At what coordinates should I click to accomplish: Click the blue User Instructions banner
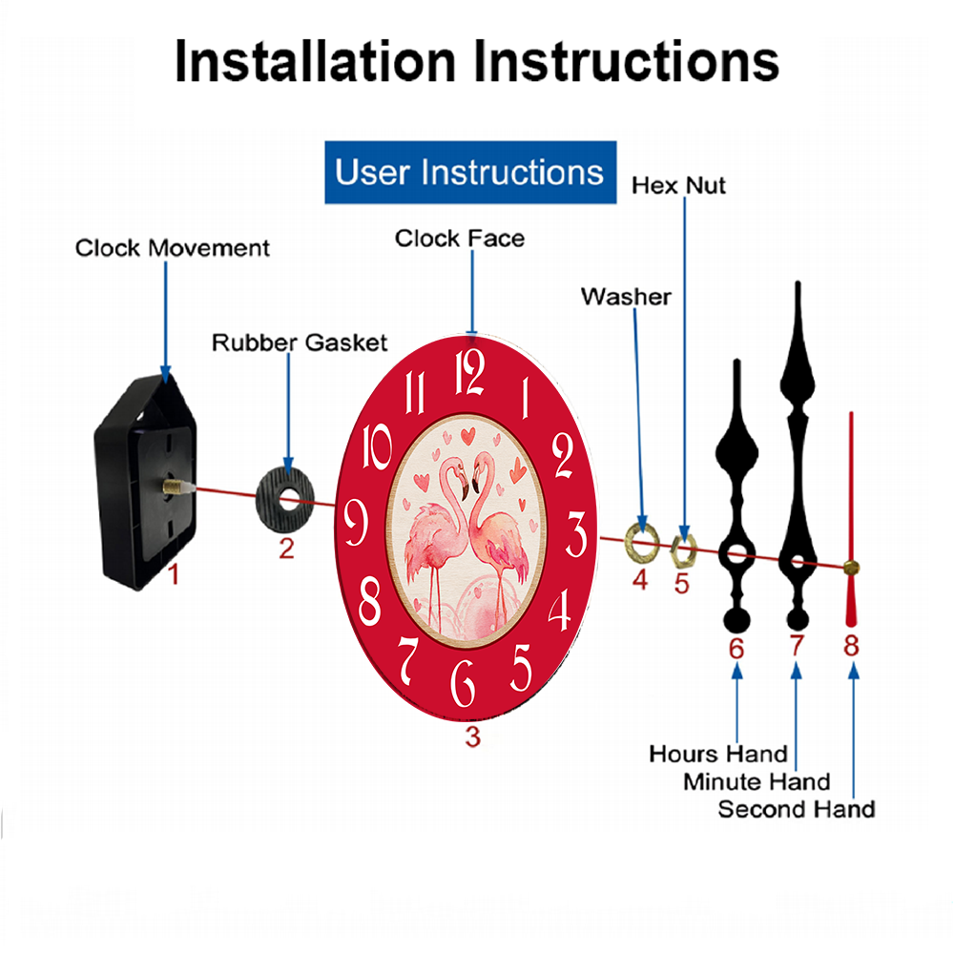pos(470,172)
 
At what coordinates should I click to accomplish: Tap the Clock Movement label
pos(172,248)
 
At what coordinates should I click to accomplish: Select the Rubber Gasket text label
pos(300,342)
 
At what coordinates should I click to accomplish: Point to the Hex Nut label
pos(678,186)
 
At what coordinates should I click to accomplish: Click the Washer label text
pos(626,297)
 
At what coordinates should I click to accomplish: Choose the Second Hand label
pos(797,809)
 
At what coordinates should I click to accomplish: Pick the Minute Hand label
pos(757,782)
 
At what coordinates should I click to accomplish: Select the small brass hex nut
pos(683,550)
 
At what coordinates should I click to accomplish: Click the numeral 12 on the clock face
pos(469,372)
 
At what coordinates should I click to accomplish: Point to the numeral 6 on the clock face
pos(463,683)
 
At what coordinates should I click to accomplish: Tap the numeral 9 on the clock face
pos(356,522)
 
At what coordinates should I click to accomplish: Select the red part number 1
pos(174,574)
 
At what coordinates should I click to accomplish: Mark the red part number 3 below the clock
pos(473,736)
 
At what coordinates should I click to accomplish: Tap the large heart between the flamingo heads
pos(467,436)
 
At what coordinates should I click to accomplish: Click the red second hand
pos(851,519)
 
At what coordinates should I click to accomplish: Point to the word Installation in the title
pos(315,61)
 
